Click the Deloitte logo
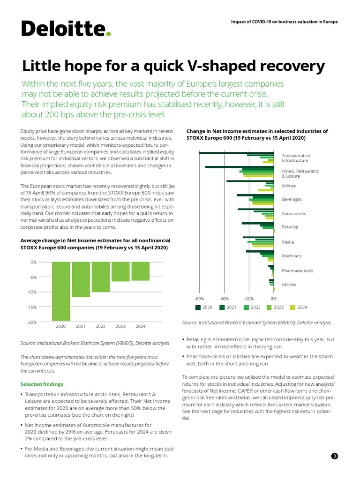(66, 29)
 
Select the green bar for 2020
(61, 291)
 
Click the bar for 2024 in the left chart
(140, 271)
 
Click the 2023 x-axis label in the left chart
(120, 326)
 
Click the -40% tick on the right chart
(224, 298)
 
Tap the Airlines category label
(289, 186)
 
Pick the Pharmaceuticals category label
(297, 271)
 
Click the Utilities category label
(289, 285)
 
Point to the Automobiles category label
(293, 214)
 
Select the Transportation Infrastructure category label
(296, 158)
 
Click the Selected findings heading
(40, 384)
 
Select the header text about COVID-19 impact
(285, 22)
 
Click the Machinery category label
(292, 256)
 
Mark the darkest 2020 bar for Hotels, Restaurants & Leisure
(240, 167)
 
